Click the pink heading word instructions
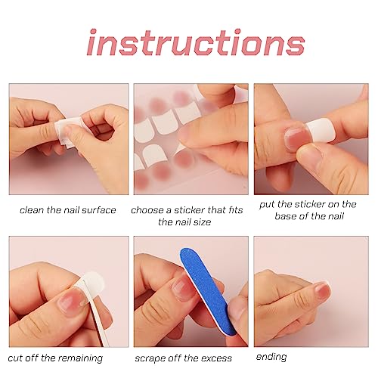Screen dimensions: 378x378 pos(196,42)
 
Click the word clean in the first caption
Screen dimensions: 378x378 pos(32,209)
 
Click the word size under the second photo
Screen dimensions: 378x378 pos(203,222)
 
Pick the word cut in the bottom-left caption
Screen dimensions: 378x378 pos(14,358)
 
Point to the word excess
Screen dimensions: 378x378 pos(217,358)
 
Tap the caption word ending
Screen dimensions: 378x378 pos(271,357)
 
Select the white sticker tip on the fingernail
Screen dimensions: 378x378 pos(320,130)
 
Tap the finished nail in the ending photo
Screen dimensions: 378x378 pos(321,290)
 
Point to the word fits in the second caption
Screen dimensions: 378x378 pos(236,209)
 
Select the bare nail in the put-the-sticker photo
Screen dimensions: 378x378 pos(296,136)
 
